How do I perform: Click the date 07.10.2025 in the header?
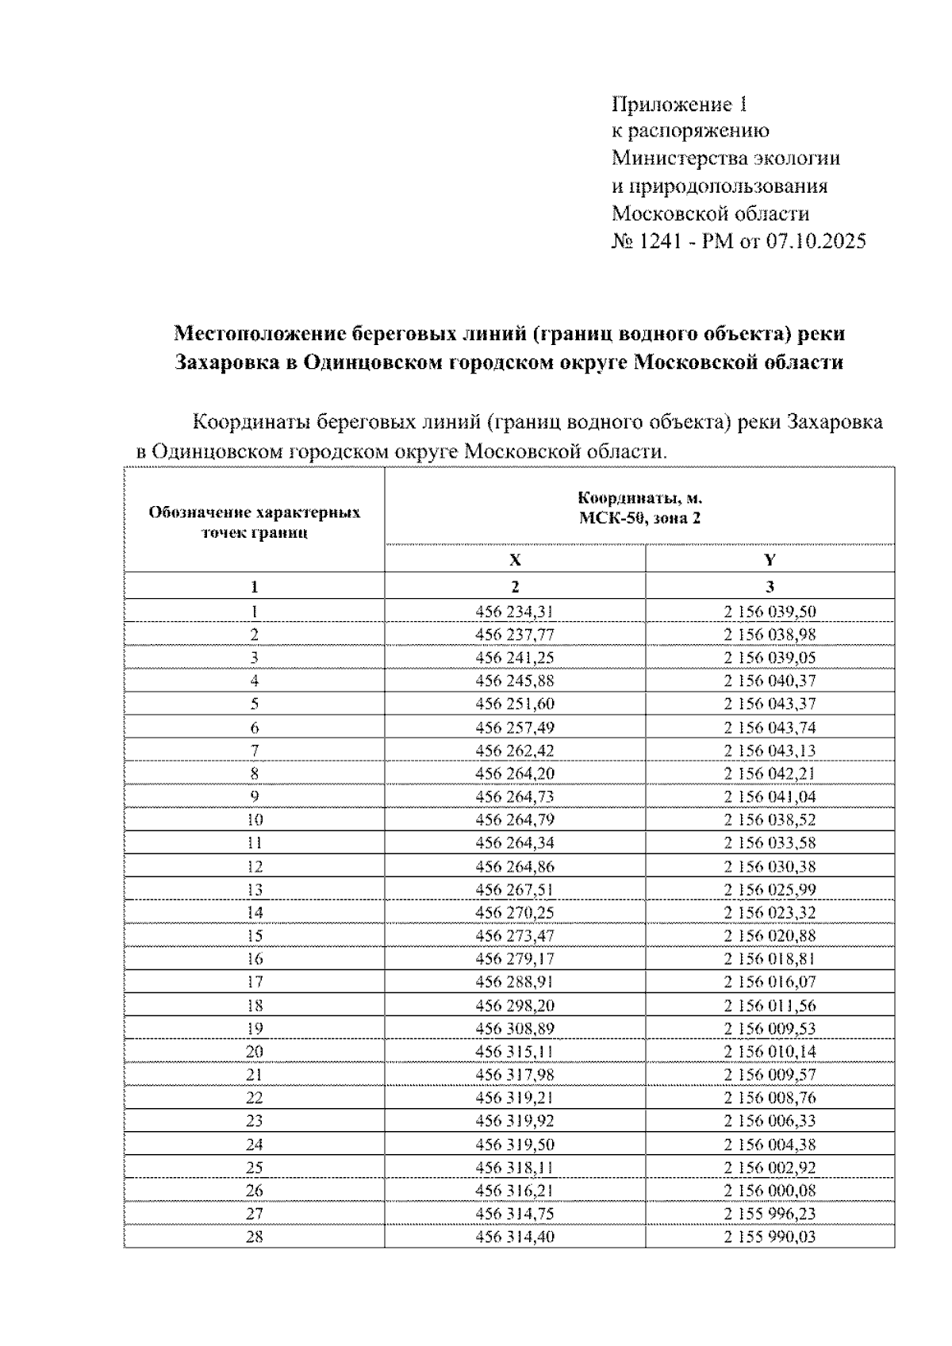click(816, 241)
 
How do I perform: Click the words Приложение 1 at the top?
click(679, 105)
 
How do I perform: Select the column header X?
click(515, 560)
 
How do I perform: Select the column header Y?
click(770, 560)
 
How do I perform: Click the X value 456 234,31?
click(515, 612)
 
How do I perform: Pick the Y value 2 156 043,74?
click(770, 727)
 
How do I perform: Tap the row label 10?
click(255, 819)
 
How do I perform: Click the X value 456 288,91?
click(515, 982)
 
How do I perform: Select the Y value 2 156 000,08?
click(770, 1191)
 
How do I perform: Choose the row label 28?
click(255, 1237)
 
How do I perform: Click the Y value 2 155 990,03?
click(770, 1237)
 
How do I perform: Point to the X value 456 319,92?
click(515, 1121)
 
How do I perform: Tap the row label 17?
click(255, 982)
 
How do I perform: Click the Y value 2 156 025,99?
click(770, 889)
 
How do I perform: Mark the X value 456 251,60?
click(515, 704)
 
